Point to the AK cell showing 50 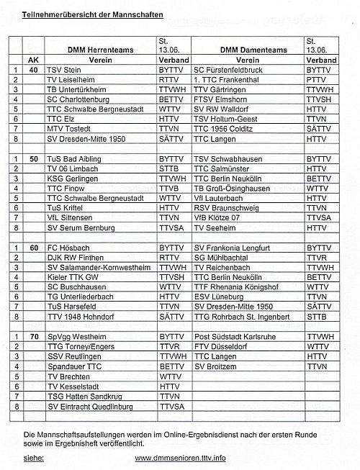tap(33, 158)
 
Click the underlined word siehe tap(34, 457)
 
